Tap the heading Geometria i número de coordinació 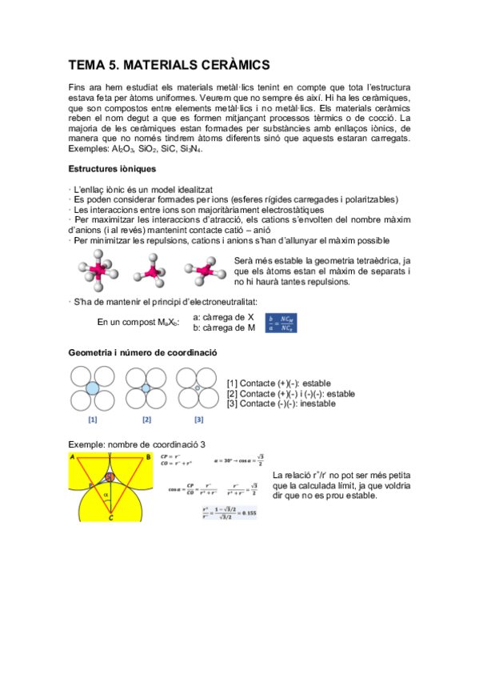pyautogui.click(x=142, y=352)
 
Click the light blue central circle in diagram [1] pyautogui.click(x=93, y=388)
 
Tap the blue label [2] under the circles pyautogui.click(x=146, y=419)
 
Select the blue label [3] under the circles pyautogui.click(x=198, y=419)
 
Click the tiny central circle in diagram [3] pyautogui.click(x=197, y=388)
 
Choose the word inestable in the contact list pyautogui.click(x=317, y=404)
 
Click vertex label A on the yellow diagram pyautogui.click(x=74, y=458)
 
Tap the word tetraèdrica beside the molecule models pyautogui.click(x=368, y=261)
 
